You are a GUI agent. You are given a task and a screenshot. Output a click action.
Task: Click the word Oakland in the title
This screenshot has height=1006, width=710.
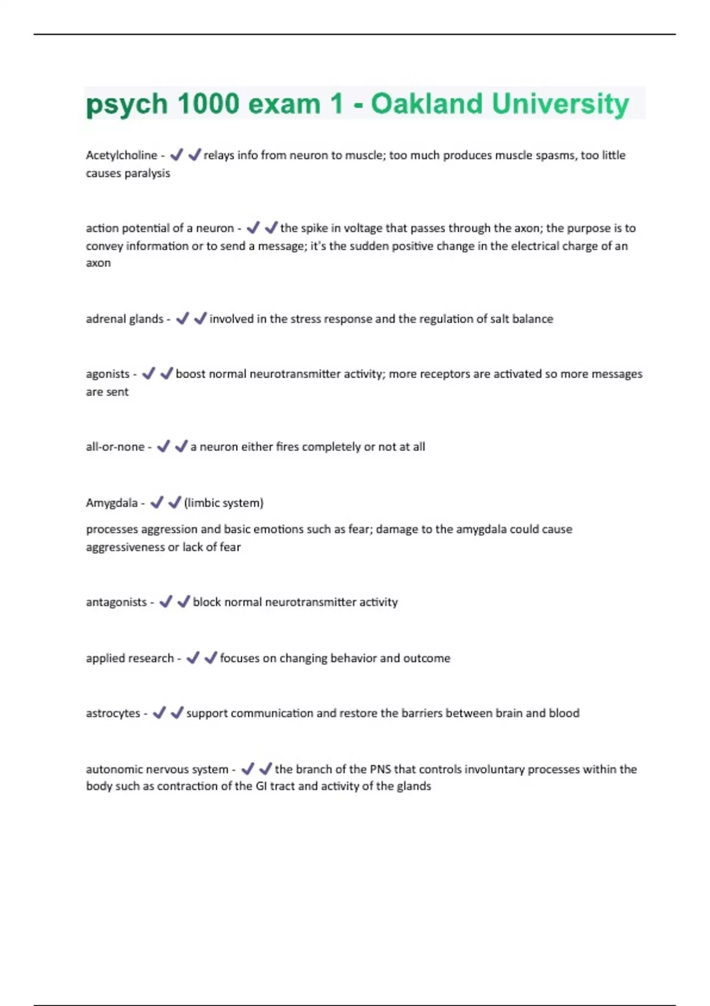[x=427, y=104]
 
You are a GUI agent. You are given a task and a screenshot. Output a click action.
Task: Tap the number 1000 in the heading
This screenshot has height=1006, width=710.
[x=208, y=104]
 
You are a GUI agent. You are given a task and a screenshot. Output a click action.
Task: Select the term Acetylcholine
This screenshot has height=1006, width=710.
[x=121, y=155]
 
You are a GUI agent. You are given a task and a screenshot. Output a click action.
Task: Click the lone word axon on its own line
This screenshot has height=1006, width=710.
[x=98, y=263]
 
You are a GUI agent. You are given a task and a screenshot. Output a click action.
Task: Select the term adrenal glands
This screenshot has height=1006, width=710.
[x=124, y=319]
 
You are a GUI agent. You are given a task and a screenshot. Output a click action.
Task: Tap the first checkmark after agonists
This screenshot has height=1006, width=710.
[x=149, y=373]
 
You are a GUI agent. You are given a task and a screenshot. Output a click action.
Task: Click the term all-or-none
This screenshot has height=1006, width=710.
[x=115, y=447]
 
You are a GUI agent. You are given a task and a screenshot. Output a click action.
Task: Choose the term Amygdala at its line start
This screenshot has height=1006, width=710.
[x=111, y=503]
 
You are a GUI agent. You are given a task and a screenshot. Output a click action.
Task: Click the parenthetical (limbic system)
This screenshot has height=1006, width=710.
[x=224, y=503]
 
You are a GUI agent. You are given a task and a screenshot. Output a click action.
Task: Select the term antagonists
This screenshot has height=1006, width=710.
[x=116, y=602]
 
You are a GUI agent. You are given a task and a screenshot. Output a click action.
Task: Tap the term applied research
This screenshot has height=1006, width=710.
[x=130, y=659]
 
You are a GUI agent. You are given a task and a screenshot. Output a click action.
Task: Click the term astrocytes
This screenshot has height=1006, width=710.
[x=113, y=714]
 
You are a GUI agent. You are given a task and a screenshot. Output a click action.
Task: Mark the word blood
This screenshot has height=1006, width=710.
[x=564, y=714]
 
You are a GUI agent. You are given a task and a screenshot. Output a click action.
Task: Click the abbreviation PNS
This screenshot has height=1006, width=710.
[x=380, y=769]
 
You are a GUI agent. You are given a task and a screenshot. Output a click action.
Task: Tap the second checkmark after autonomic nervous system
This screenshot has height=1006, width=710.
[x=266, y=769]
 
